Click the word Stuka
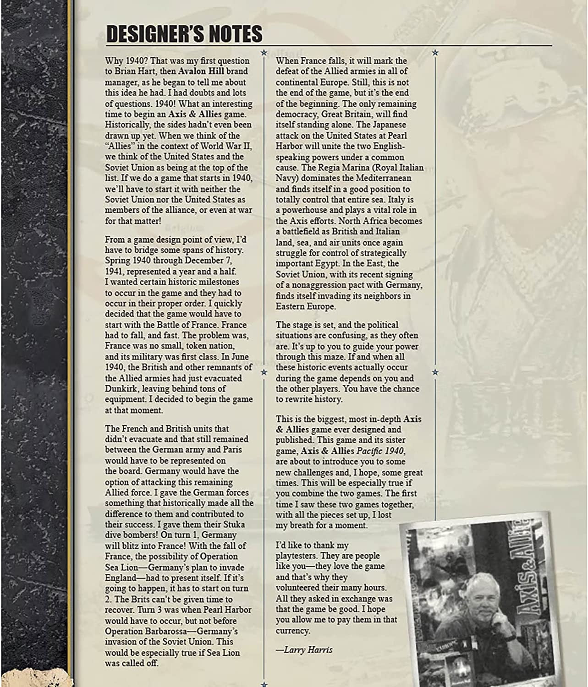click(x=233, y=524)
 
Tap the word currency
click(x=292, y=631)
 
